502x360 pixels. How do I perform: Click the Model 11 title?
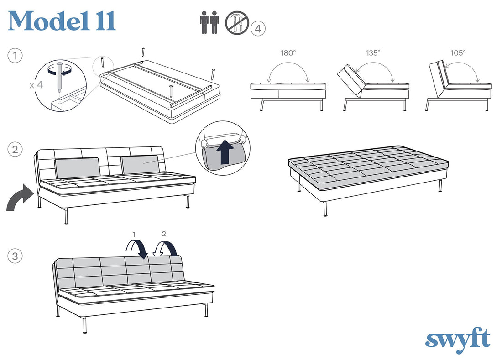pos(62,21)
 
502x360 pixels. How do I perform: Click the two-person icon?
pos(210,22)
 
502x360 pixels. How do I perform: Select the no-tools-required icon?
pos(237,23)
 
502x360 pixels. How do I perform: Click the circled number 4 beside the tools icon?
pos(258,29)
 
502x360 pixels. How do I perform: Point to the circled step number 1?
pos(15,56)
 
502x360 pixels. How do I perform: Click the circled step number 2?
pos(15,150)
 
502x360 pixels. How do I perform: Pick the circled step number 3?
pos(15,256)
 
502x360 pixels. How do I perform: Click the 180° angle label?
pos(288,53)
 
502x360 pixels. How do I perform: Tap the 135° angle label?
pos(373,53)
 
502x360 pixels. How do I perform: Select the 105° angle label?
pos(458,53)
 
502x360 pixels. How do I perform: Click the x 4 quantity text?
pos(36,85)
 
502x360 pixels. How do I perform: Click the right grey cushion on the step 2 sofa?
pos(140,164)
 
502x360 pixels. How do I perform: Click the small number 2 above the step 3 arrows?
pos(164,234)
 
